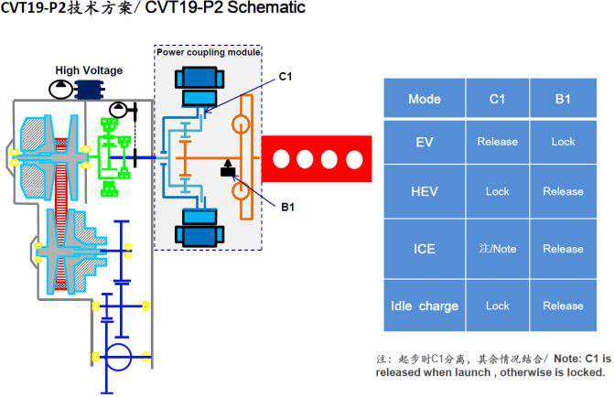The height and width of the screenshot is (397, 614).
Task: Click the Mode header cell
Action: click(x=424, y=99)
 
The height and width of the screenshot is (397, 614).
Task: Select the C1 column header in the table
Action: click(x=497, y=99)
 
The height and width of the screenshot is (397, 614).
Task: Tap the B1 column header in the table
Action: click(x=563, y=99)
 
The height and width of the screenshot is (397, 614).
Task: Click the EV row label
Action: click(x=424, y=142)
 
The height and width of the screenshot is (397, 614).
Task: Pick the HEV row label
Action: click(x=424, y=191)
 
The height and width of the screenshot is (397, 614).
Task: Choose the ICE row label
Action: click(x=424, y=248)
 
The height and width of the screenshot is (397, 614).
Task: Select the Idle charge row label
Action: click(x=424, y=306)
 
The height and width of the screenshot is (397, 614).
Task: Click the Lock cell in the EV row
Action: click(x=563, y=142)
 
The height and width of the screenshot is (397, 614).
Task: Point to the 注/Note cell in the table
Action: click(x=497, y=248)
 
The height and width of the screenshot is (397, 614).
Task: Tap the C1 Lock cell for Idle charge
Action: click(x=497, y=306)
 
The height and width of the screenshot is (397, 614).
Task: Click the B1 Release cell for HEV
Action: click(x=563, y=191)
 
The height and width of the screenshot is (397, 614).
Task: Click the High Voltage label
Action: click(x=89, y=70)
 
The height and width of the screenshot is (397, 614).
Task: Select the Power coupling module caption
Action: click(x=209, y=52)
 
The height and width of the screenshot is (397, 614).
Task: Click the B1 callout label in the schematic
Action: click(x=286, y=208)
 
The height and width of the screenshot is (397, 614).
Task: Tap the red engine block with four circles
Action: click(x=317, y=159)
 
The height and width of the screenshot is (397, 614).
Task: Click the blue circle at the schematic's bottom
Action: click(x=118, y=356)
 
